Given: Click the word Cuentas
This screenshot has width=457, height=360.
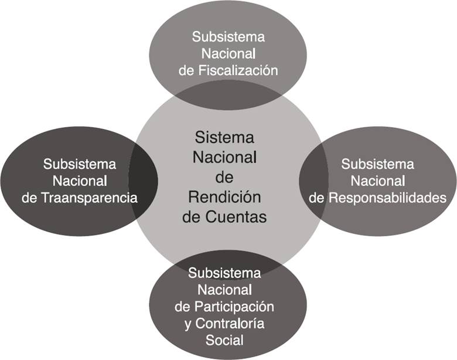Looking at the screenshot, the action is (237, 216).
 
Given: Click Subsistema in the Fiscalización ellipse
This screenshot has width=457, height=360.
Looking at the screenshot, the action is (228, 37).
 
